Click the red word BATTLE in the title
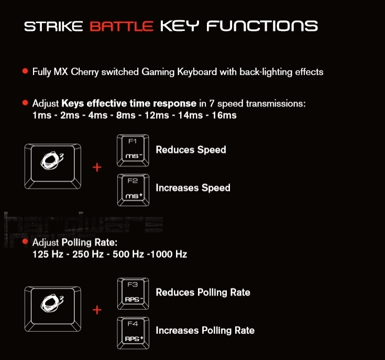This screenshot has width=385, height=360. [x=121, y=26]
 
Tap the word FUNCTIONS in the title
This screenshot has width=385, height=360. [x=262, y=26]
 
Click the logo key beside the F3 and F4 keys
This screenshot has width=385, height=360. [x=52, y=308]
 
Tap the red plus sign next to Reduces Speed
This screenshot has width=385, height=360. [x=97, y=168]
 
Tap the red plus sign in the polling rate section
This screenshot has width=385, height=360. [x=97, y=310]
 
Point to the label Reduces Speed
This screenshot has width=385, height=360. [x=191, y=150]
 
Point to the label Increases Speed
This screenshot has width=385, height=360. [x=193, y=188]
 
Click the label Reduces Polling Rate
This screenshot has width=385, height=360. [x=203, y=292]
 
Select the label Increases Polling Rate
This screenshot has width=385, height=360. [x=205, y=331]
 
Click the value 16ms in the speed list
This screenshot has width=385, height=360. [x=224, y=115]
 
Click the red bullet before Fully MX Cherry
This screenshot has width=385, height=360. [x=25, y=71]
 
